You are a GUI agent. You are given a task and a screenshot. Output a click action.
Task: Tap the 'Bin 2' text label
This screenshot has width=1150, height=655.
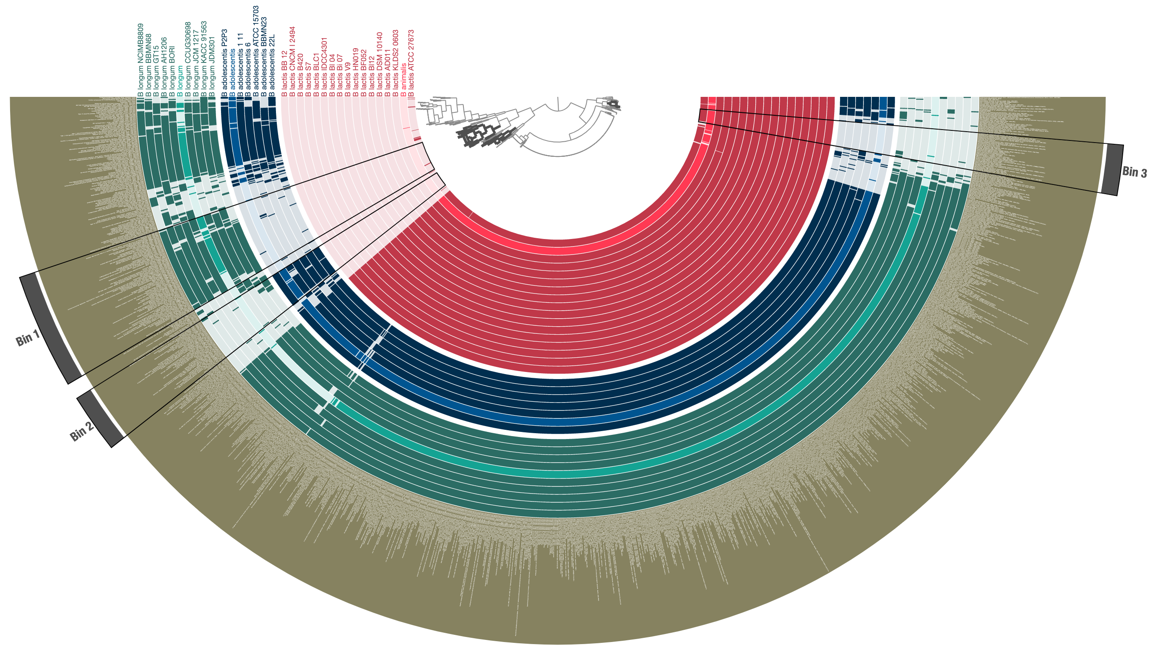tap(81, 432)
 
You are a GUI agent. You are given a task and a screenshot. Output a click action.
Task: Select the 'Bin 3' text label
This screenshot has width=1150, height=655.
tap(1134, 172)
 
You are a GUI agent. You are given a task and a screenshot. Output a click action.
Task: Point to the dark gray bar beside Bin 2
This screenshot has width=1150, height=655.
tap(100, 418)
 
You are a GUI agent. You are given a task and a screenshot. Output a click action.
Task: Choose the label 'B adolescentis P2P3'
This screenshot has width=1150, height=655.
tap(224, 63)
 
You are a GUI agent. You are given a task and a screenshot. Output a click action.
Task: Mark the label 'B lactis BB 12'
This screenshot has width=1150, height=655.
tap(284, 74)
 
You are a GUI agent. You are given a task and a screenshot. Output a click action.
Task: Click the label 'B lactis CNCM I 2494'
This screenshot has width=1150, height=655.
tap(292, 62)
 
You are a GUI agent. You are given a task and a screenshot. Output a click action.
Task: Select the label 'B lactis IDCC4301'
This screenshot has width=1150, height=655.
tap(323, 68)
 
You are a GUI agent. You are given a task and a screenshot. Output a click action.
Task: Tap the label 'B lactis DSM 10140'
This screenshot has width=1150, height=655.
tap(380, 64)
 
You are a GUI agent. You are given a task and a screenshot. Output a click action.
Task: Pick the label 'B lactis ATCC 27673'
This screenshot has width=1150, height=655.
tap(411, 63)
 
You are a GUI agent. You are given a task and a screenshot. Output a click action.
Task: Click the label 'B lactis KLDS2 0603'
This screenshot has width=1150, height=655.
tap(395, 63)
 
